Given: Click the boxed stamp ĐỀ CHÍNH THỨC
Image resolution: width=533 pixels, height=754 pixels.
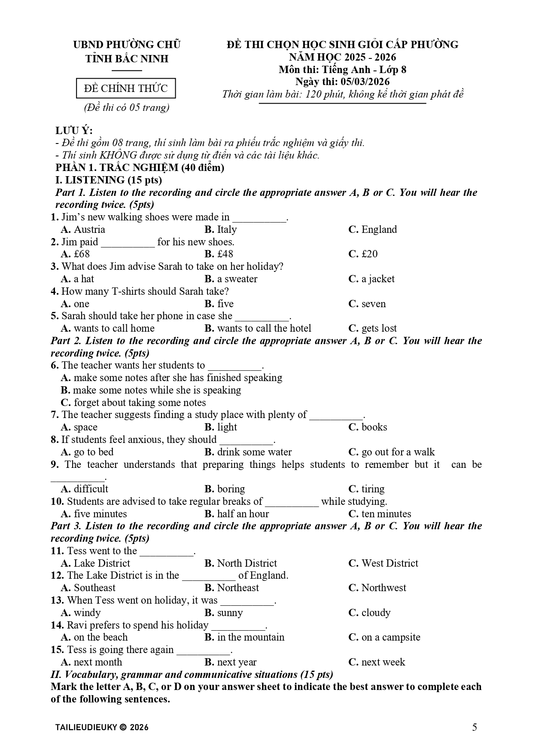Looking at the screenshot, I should (x=126, y=89).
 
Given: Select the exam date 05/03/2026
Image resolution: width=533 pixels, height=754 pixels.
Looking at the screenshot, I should (x=365, y=82).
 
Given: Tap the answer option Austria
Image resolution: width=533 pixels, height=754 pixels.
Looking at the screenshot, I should (x=89, y=229).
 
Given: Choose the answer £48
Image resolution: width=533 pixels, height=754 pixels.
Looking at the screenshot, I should (x=225, y=254).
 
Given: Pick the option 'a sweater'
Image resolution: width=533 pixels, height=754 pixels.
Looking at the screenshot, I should (x=237, y=279).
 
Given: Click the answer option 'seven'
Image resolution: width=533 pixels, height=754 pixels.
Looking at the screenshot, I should (x=373, y=304).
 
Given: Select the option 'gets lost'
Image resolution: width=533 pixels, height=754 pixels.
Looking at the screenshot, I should (x=379, y=328).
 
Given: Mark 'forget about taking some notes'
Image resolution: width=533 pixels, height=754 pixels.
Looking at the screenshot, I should (x=139, y=403).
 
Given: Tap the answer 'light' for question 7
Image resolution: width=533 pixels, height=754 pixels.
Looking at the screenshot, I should (x=226, y=427).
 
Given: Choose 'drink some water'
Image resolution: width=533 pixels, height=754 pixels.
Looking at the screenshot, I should (x=254, y=452).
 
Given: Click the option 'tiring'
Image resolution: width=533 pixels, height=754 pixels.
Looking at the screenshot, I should (x=372, y=489).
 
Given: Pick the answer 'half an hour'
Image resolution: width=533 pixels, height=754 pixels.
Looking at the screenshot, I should (x=243, y=514).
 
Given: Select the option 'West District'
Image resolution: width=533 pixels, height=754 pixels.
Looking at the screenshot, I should (x=389, y=563).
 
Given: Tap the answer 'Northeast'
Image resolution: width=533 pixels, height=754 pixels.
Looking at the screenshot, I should (x=238, y=588).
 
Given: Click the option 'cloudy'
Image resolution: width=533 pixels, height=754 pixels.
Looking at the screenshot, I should (x=376, y=613).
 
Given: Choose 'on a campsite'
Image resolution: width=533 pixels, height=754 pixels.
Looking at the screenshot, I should (x=390, y=637).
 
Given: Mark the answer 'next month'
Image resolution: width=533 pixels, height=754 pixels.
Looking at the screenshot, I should (x=97, y=662).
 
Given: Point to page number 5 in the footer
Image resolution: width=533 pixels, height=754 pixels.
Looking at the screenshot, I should (x=475, y=727).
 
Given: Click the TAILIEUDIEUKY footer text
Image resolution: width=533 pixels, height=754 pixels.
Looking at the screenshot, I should (x=102, y=727).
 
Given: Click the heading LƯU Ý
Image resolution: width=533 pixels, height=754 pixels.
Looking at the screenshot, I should (x=74, y=131).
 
